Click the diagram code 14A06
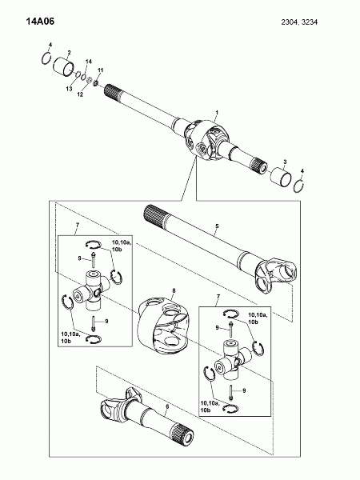40,22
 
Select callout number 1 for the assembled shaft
217,113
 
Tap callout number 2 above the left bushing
69,53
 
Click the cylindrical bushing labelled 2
64,66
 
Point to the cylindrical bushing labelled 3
280,177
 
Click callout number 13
69,89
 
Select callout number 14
89,62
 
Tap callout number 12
80,94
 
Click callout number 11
101,70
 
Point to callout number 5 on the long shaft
217,226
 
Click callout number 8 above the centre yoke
174,290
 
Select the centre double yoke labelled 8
162,326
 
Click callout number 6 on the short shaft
167,406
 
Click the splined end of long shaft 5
154,215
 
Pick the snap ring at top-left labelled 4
46,58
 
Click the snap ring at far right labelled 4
298,186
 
